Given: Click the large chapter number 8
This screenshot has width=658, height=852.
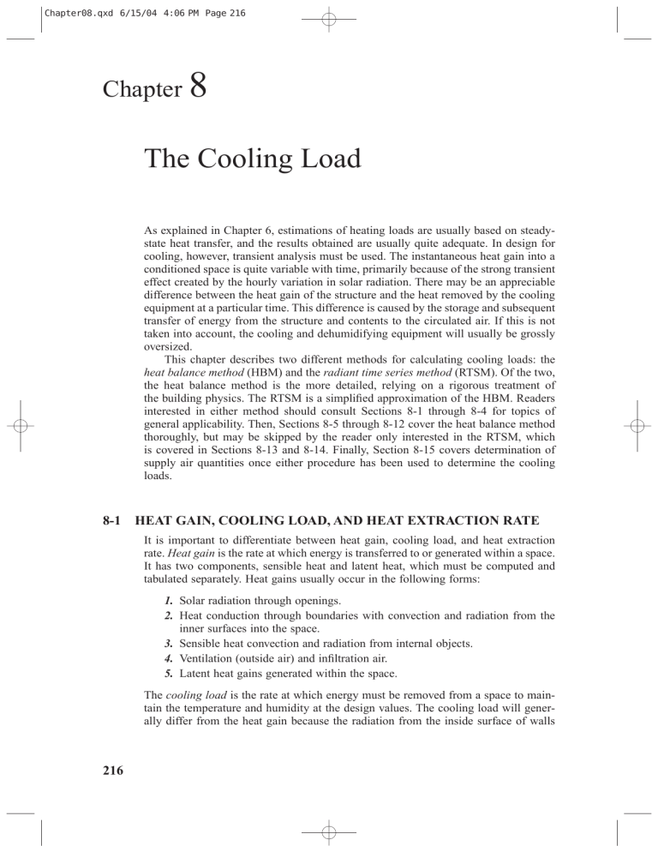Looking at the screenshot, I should (x=179, y=88).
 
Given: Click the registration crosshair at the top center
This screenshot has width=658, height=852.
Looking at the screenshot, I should (x=329, y=19).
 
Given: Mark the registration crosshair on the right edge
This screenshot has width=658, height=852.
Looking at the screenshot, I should (x=638, y=426).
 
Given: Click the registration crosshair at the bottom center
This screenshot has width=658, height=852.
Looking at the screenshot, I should (x=329, y=832).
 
